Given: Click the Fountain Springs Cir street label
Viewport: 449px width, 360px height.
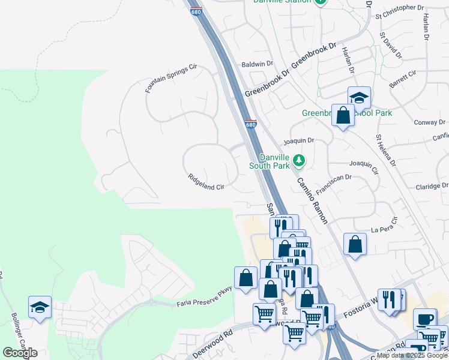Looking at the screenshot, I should click(171, 79).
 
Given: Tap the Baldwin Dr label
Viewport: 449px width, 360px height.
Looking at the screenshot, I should click(257, 63).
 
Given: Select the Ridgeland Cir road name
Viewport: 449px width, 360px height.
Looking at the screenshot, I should click(206, 182).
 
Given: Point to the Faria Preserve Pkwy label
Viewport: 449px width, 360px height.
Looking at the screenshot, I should click(204, 298).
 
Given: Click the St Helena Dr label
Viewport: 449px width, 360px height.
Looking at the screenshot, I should click(386, 150).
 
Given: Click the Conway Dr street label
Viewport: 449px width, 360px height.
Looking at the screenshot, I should click(430, 122).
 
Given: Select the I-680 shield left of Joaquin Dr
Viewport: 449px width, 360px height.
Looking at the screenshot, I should click(251, 124).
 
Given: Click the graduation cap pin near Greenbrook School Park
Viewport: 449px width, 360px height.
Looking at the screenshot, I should click(359, 97).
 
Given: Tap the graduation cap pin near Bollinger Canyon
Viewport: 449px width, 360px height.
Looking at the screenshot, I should click(40, 308).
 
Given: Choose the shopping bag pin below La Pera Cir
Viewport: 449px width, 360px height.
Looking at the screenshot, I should click(355, 244).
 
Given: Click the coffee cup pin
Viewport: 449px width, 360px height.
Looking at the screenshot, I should click(425, 319).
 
